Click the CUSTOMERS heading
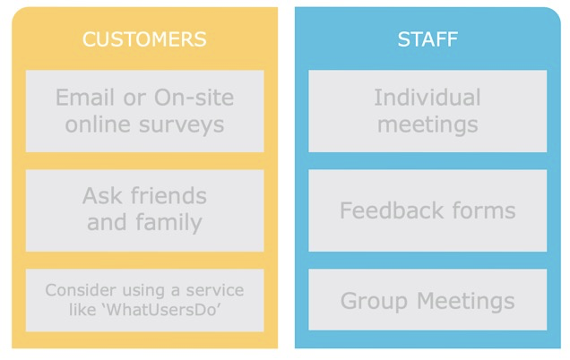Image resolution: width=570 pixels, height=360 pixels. (144, 39)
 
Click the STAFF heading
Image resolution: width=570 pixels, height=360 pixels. (427, 39)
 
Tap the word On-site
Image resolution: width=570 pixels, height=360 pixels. (194, 98)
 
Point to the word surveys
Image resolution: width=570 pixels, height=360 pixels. (181, 125)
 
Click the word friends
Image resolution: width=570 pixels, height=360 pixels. (168, 195)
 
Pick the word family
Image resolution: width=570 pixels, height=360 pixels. (168, 222)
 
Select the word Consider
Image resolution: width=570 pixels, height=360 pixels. (81, 290)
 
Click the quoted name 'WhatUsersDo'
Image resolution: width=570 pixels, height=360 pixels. (163, 310)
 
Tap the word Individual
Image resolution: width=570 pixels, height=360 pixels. (427, 98)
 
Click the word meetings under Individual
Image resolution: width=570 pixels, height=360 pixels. (427, 125)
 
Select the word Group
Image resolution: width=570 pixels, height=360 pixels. (374, 302)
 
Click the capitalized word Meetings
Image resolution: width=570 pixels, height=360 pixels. (466, 302)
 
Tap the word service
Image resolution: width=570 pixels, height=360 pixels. (215, 290)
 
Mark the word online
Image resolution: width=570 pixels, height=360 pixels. (98, 124)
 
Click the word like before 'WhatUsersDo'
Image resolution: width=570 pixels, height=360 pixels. (82, 310)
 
